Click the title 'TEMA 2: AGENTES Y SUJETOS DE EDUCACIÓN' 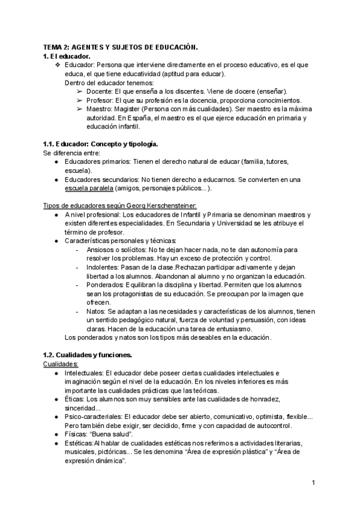coord(120,47)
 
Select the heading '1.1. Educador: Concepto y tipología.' coord(100,145)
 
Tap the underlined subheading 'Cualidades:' coord(60,364)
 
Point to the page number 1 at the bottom coord(314,483)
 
